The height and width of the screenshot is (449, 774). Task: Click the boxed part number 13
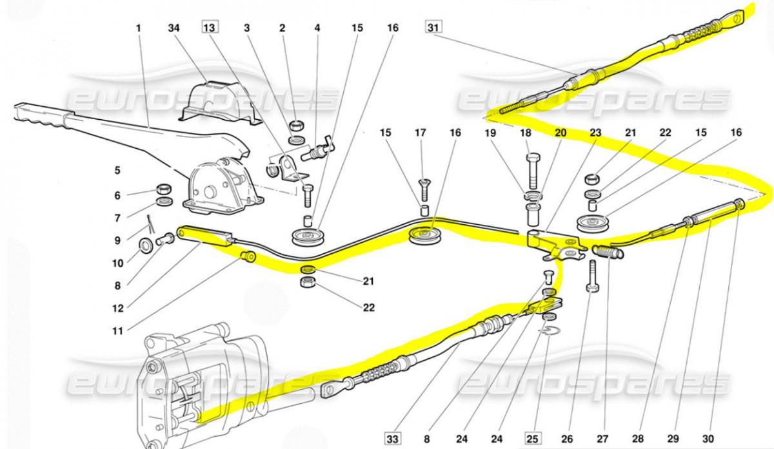click(210, 28)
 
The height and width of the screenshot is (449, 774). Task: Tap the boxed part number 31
click(432, 28)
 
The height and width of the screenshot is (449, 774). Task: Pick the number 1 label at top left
click(138, 28)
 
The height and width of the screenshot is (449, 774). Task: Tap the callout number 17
click(421, 133)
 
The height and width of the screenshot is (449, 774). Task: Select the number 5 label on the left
click(117, 171)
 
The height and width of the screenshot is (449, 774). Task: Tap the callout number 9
click(117, 241)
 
